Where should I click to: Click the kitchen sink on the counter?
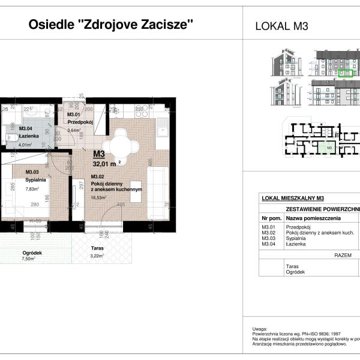[x=161, y=127]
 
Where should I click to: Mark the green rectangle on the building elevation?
[x=344, y=74]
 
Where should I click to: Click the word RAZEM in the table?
[x=342, y=255]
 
